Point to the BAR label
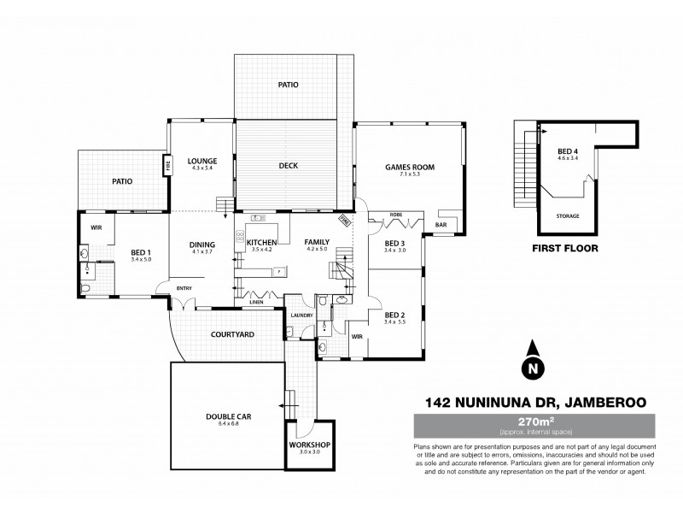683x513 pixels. (441, 226)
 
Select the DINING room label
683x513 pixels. (202, 245)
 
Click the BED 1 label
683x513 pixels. (141, 252)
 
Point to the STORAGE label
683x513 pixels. (568, 216)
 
